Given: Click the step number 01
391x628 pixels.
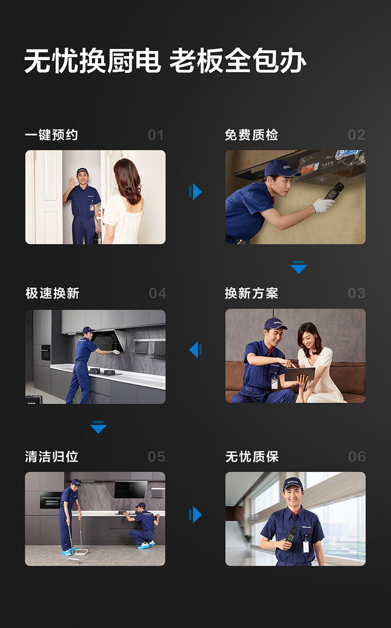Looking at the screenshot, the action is point(155,135).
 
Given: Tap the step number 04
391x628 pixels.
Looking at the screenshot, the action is point(157,293).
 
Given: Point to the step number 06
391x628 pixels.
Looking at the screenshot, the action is point(357,457).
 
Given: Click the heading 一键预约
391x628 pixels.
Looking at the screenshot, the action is point(51,135).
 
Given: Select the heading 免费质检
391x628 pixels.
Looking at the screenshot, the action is point(251,135).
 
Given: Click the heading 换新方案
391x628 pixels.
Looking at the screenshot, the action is point(251,293).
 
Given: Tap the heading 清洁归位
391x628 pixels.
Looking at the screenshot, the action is point(52,457).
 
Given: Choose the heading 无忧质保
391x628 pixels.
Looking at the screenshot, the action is point(252,457).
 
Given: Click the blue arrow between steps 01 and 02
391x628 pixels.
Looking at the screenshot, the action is point(195,192).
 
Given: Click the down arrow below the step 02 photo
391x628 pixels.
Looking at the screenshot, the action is point(299,267).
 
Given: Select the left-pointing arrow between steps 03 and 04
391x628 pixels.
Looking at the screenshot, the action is point(195,349).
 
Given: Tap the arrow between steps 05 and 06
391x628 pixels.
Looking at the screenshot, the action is point(195,514).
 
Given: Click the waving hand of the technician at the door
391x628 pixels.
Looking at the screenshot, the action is point(71,183).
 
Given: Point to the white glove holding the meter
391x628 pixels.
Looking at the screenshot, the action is point(323,205).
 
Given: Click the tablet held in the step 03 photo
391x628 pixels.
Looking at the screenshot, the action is point(299,374).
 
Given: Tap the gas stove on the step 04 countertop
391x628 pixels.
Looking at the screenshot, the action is point(105,372).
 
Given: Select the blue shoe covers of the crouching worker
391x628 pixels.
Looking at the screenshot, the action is point(146,545).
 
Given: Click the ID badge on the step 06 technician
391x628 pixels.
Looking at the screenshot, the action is point(306,547).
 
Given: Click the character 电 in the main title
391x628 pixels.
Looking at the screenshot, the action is point(148,61).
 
